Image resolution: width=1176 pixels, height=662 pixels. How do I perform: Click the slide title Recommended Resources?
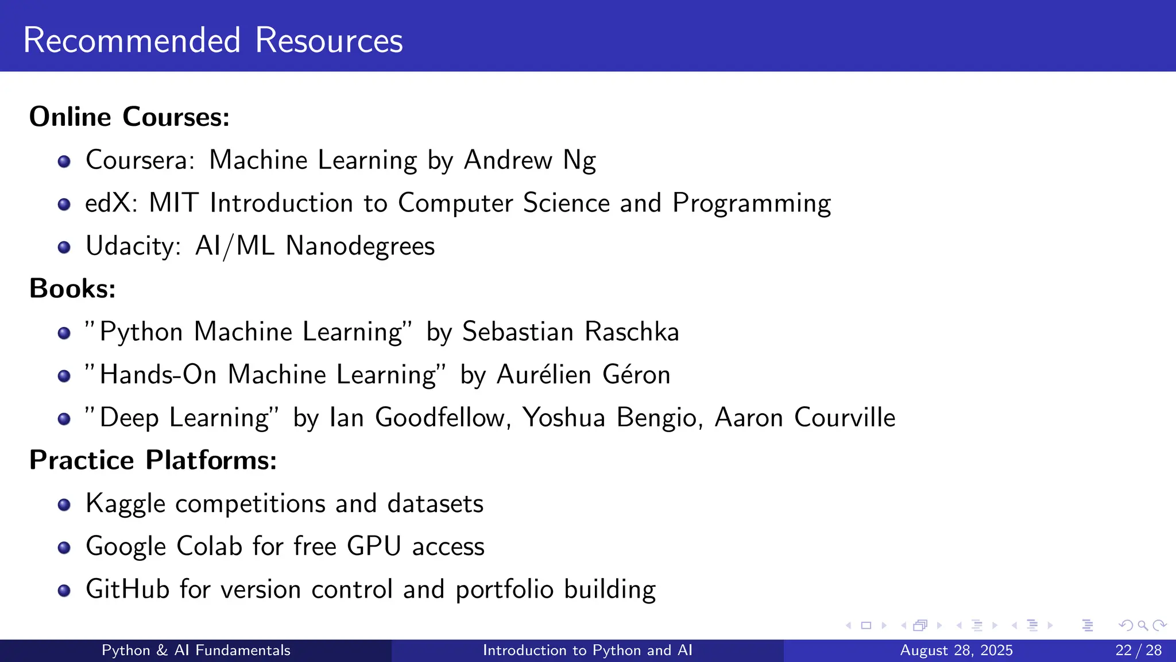(213, 40)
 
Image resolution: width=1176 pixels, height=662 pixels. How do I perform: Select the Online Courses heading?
(129, 117)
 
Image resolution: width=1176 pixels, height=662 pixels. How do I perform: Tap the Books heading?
(72, 288)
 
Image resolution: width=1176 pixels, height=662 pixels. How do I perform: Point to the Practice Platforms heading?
(153, 460)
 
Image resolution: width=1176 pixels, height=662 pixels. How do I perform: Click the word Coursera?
(140, 160)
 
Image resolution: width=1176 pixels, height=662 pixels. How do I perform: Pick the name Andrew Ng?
(529, 160)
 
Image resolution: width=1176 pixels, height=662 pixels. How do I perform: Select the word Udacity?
(133, 246)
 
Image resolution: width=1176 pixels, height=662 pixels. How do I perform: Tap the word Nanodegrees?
(360, 246)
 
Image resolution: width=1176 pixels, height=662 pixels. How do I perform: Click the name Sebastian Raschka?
(570, 332)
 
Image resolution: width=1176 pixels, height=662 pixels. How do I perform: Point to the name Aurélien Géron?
(583, 375)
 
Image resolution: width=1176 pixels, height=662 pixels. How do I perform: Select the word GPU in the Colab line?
(374, 546)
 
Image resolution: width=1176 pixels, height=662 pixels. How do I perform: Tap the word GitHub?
(127, 590)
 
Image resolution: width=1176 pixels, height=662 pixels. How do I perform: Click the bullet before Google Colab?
(64, 548)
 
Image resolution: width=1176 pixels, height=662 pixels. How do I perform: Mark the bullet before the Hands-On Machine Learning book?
(64, 376)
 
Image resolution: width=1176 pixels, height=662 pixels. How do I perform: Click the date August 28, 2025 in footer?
(956, 651)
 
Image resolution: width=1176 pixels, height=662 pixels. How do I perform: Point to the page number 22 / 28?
(1138, 651)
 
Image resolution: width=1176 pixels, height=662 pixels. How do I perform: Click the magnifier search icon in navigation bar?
(1143, 625)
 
